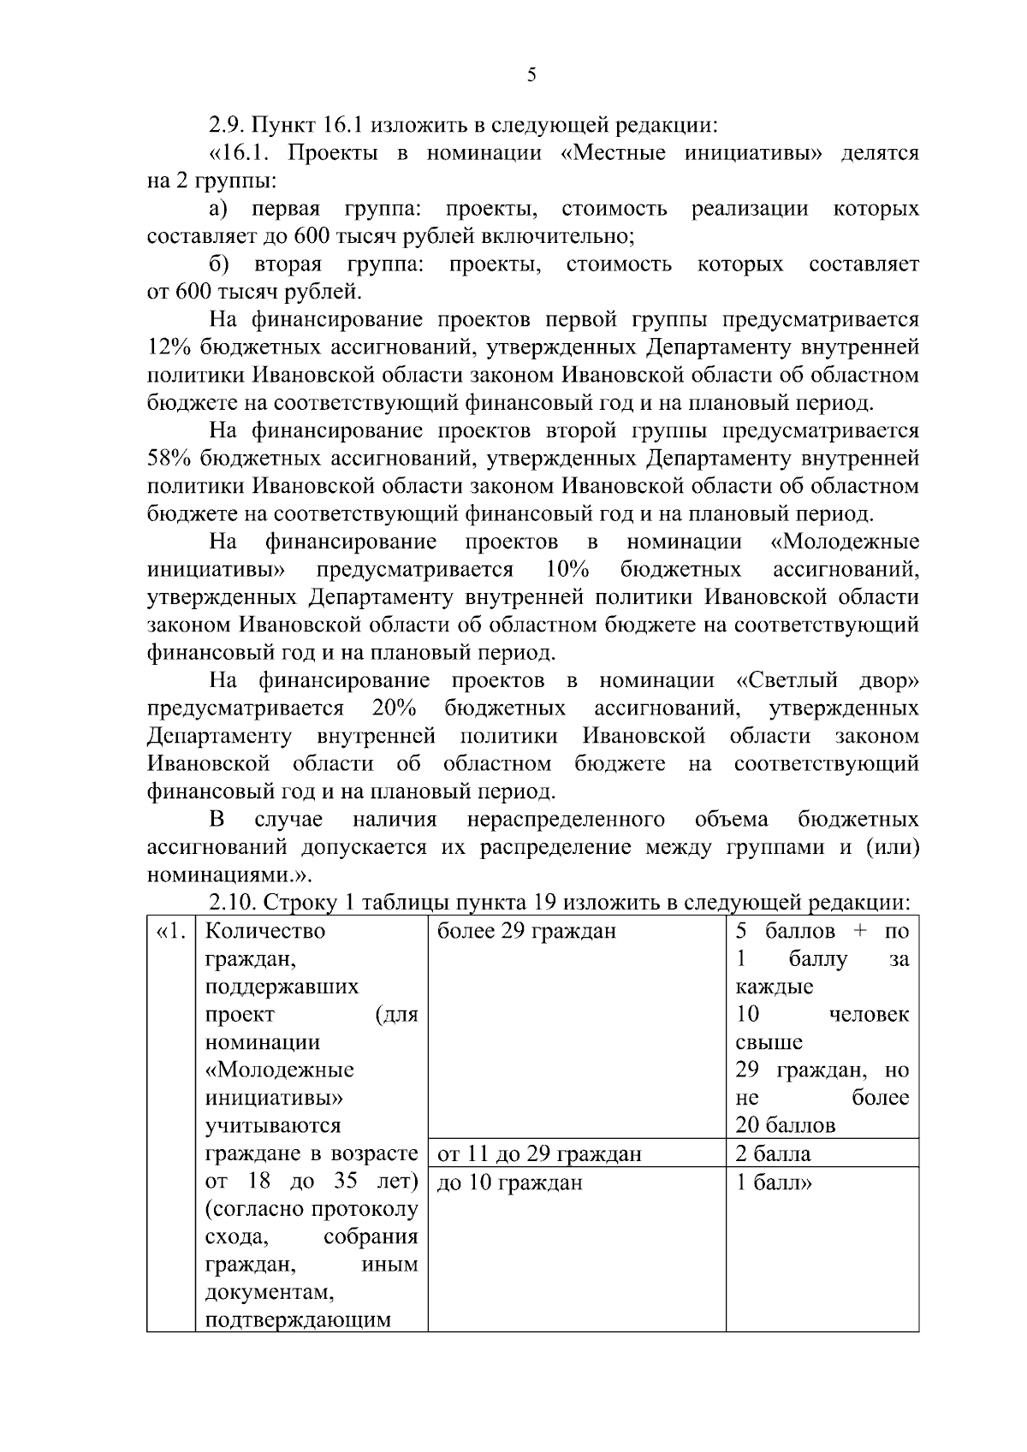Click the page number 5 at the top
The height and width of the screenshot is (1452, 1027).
531,75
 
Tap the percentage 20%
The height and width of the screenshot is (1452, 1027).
395,708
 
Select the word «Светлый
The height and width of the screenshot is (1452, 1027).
785,681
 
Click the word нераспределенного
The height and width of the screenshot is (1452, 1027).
566,820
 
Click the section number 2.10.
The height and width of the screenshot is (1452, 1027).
233,904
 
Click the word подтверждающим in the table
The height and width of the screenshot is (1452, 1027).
299,1320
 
